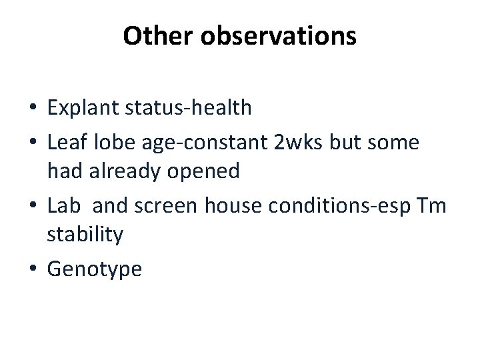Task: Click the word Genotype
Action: coord(95,271)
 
